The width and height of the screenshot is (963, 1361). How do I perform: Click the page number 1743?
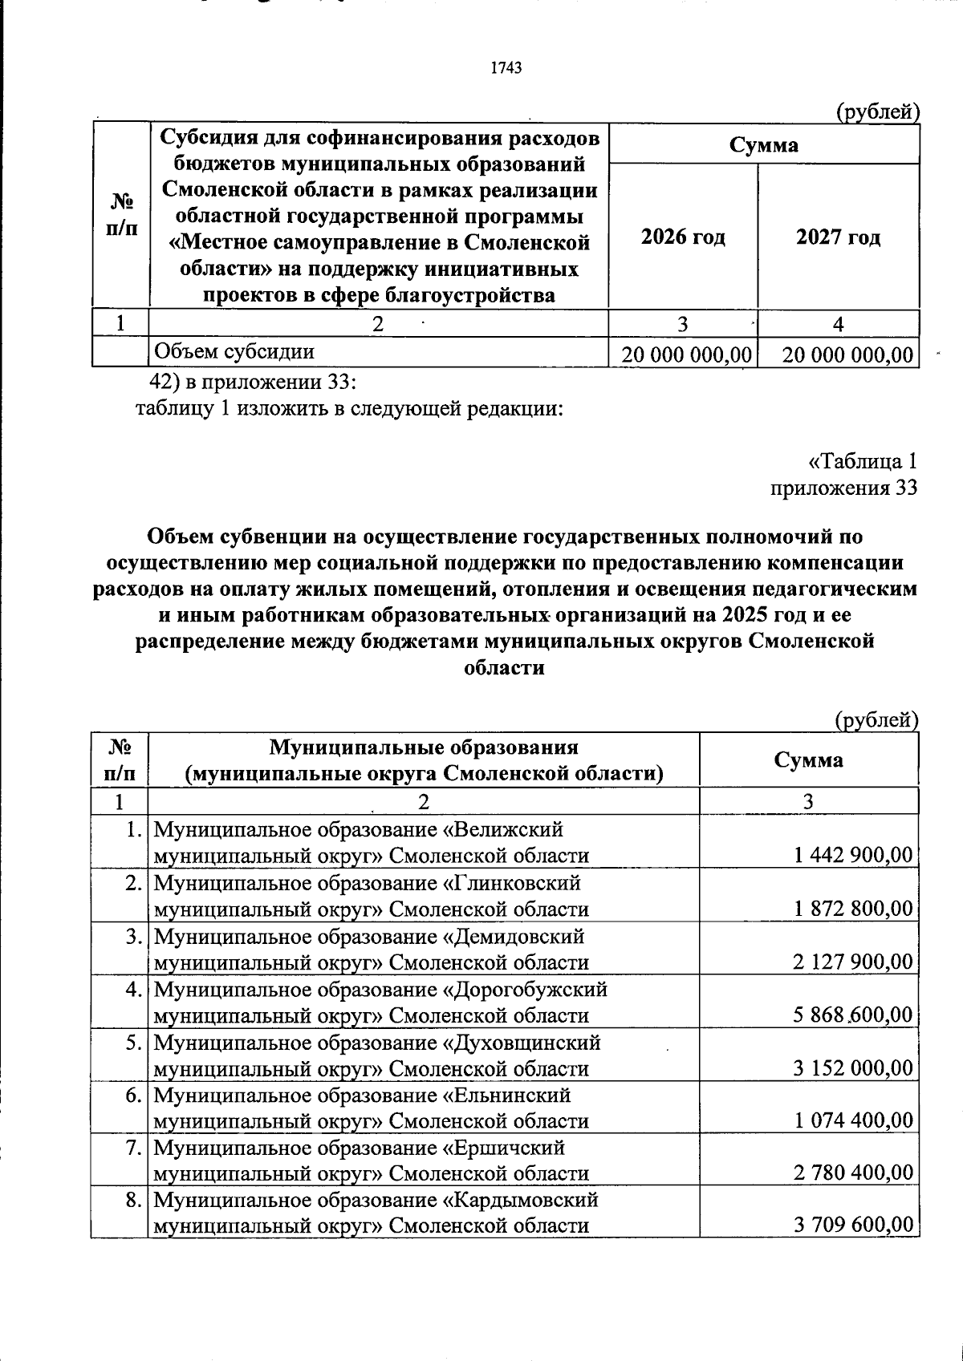(506, 68)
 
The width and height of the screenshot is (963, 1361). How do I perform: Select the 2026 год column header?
(683, 237)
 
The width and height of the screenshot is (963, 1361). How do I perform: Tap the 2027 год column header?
(838, 237)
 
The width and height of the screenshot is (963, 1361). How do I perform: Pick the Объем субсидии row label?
(234, 351)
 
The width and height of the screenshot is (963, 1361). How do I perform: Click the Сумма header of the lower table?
(808, 759)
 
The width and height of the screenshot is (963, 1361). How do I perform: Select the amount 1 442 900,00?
(853, 855)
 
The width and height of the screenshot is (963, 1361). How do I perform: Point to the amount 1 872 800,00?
(853, 909)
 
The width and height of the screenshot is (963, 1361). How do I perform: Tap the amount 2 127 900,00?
(852, 962)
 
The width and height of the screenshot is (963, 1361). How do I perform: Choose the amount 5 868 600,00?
(852, 1015)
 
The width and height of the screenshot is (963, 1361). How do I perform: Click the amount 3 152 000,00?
(852, 1068)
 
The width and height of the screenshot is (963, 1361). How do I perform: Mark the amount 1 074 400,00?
(853, 1120)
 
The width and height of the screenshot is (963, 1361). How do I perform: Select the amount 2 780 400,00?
(852, 1173)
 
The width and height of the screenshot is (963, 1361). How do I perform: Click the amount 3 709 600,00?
(852, 1225)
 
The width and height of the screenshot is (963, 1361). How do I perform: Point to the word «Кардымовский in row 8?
(521, 1201)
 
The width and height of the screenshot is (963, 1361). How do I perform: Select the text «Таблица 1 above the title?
(862, 462)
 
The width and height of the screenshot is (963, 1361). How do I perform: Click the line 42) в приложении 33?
(253, 381)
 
